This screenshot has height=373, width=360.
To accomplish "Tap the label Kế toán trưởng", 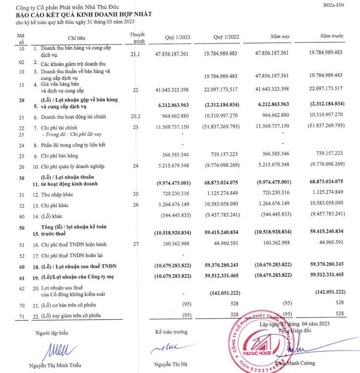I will click(x=171, y=332).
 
